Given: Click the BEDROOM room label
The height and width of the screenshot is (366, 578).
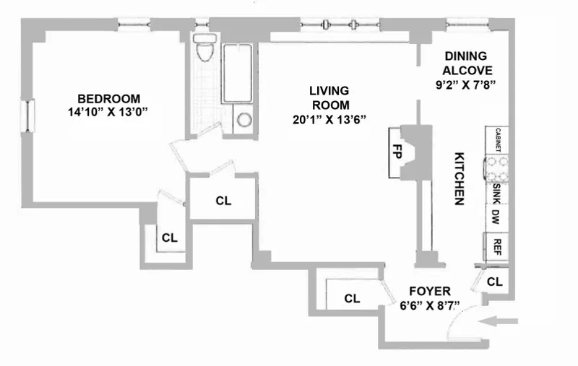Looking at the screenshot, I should [108, 99].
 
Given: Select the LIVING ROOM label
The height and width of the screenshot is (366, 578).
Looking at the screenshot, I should [329, 98].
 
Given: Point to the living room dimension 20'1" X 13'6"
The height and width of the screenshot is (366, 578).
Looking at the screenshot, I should [329, 121].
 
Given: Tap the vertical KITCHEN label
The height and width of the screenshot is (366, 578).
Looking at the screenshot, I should [458, 179].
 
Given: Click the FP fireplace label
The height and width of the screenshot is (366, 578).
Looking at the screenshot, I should [397, 152].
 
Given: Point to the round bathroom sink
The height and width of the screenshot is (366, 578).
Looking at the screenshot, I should [244, 119].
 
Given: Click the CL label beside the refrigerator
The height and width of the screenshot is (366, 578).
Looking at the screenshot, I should [495, 282].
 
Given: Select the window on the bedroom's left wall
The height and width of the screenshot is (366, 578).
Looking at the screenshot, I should [30, 116].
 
